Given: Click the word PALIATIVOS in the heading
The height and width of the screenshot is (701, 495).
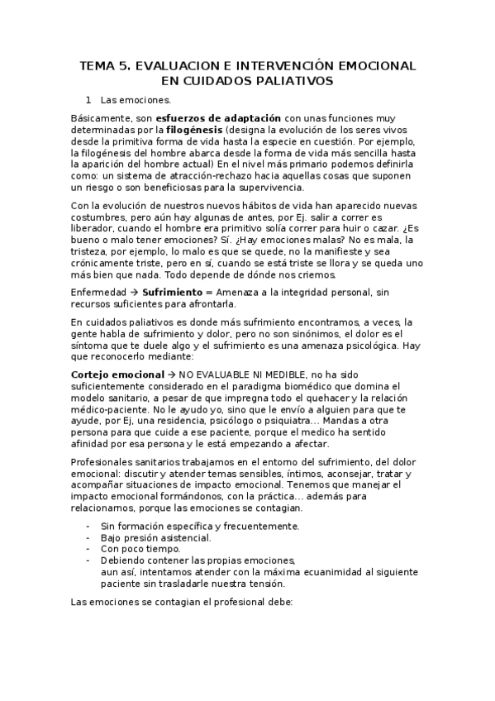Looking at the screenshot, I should pos(295,80).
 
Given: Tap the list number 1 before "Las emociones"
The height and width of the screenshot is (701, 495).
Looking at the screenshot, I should pos(99,100).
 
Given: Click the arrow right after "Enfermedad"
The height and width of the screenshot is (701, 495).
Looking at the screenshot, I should pos(136,292).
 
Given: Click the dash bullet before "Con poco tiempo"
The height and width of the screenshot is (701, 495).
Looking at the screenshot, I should pos(88,548).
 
